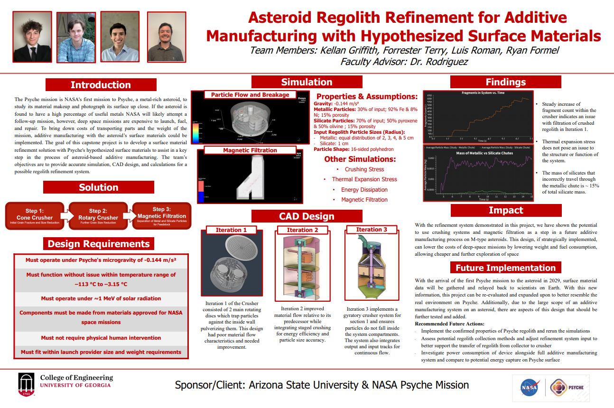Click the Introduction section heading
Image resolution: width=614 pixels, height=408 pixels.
[101, 85]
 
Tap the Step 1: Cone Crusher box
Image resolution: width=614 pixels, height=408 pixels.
[35, 216]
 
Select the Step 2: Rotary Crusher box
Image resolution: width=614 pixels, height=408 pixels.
[98, 216]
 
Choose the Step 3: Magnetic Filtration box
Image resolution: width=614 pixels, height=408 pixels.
[162, 216]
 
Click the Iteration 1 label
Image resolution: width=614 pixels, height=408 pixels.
[231, 230]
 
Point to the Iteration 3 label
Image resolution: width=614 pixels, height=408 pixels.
[372, 230]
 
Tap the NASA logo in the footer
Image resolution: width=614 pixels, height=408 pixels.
[529, 387]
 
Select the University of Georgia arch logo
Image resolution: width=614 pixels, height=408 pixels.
[26, 384]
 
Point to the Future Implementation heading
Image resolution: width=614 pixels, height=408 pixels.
[505, 268]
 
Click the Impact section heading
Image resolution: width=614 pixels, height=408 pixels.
[506, 210]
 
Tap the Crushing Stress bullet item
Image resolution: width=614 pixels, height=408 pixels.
[364, 169]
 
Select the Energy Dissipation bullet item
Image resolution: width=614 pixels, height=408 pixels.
[364, 190]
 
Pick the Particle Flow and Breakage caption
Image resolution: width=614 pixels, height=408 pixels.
[250, 95]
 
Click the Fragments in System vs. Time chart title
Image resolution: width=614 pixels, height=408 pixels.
[483, 93]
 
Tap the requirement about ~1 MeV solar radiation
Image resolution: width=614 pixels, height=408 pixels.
[101, 298]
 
